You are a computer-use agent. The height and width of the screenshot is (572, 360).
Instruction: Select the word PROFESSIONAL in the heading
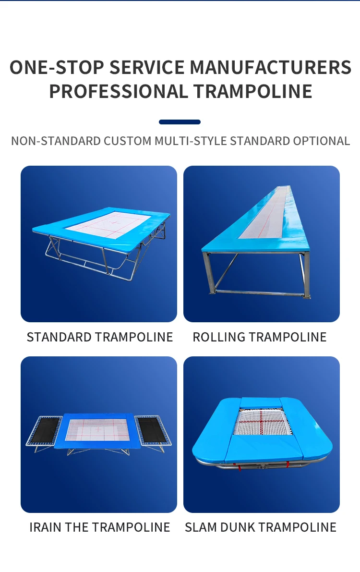[118, 91]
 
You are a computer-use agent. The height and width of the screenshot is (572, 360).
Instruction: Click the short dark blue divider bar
[180, 122]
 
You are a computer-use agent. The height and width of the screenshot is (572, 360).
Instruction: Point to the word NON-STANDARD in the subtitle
[50, 141]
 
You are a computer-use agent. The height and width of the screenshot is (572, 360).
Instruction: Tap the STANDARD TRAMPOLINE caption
[100, 337]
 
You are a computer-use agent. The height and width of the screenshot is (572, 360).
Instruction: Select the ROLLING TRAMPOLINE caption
[260, 337]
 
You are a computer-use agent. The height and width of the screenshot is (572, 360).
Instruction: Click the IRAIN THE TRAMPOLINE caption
[100, 527]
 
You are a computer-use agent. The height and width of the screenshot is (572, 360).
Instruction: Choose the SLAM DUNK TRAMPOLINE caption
[261, 527]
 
